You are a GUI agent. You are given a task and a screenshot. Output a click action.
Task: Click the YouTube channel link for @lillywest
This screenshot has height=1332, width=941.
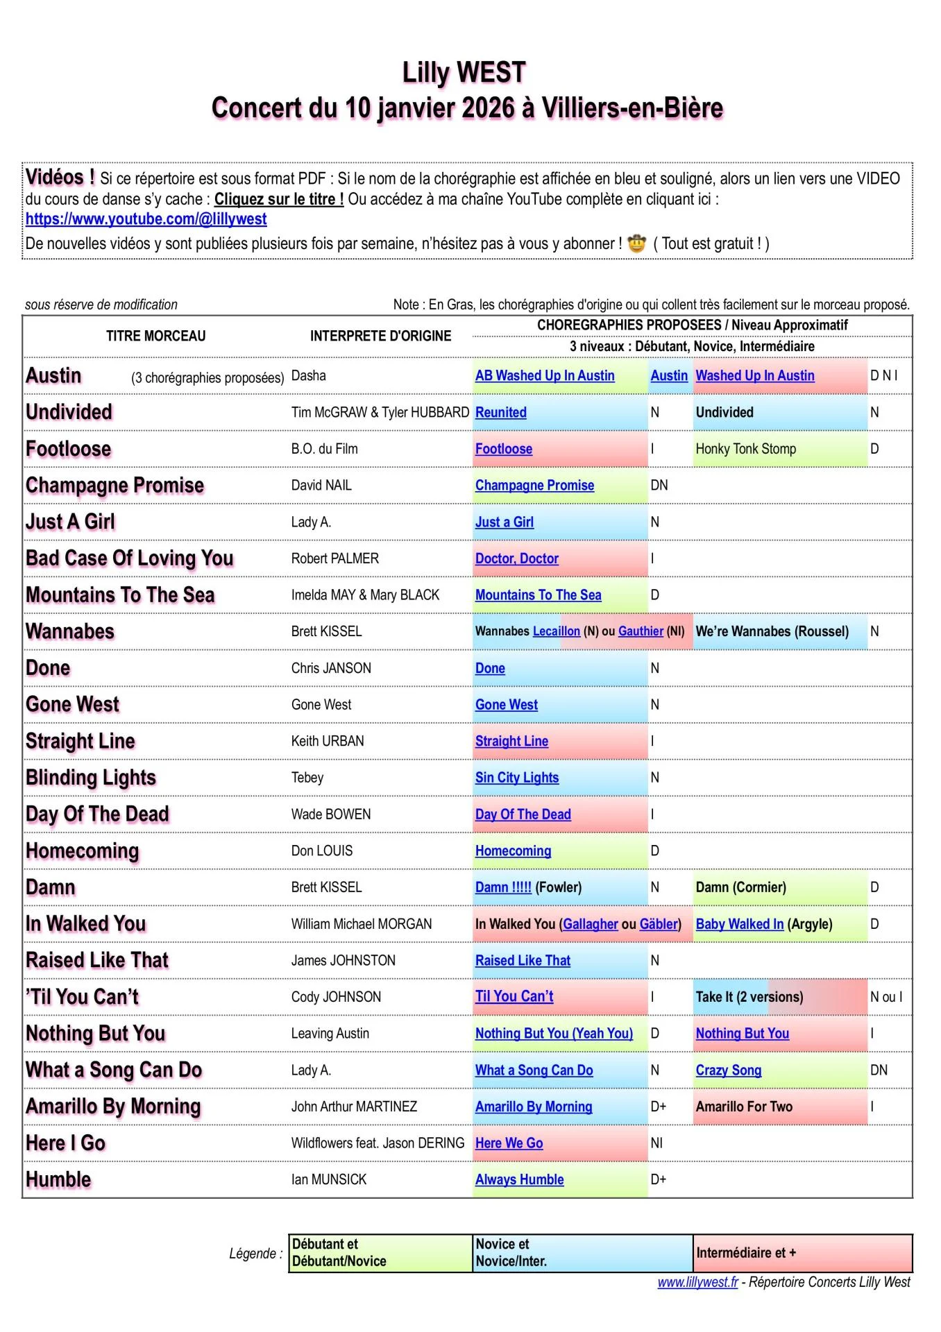(146, 219)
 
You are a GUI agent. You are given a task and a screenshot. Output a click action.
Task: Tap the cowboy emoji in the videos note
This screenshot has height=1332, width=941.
(636, 244)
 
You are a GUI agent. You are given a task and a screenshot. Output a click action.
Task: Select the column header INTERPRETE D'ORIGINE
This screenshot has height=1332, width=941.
(380, 336)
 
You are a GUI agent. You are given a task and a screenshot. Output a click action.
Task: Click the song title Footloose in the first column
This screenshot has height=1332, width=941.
(68, 449)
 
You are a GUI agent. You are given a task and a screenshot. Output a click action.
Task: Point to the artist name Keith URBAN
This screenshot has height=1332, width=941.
(328, 741)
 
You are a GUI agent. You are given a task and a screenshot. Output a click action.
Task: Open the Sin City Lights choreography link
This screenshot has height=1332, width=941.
(517, 778)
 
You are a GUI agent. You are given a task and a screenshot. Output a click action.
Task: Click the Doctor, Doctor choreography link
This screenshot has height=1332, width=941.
(517, 558)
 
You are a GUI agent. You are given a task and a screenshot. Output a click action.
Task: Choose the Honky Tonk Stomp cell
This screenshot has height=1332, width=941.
(746, 449)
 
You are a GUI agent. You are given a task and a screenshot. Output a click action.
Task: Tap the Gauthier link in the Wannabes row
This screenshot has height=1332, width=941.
(641, 631)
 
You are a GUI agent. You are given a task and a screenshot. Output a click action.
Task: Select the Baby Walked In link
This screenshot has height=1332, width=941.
(740, 924)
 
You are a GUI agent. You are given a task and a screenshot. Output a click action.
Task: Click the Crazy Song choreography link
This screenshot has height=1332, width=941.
(729, 1070)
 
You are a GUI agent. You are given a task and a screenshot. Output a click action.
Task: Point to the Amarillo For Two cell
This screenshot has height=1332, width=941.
(744, 1107)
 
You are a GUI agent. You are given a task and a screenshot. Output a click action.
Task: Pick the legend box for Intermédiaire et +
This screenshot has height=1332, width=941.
(803, 1253)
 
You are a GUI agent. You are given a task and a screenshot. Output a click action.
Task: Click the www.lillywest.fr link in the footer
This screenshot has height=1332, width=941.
(697, 1282)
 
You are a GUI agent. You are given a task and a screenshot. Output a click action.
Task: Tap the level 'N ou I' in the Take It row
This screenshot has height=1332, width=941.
(886, 997)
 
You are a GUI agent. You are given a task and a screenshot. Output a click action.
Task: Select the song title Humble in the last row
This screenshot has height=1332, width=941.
(58, 1179)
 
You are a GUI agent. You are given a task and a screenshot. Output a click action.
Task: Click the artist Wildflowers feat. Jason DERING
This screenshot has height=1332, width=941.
(378, 1143)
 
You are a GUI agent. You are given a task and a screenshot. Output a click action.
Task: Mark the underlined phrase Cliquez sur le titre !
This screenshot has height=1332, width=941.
(279, 199)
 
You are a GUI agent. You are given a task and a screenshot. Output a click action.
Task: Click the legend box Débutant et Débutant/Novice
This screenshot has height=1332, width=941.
(380, 1253)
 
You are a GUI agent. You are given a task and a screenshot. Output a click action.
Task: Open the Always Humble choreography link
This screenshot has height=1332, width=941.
(519, 1179)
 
